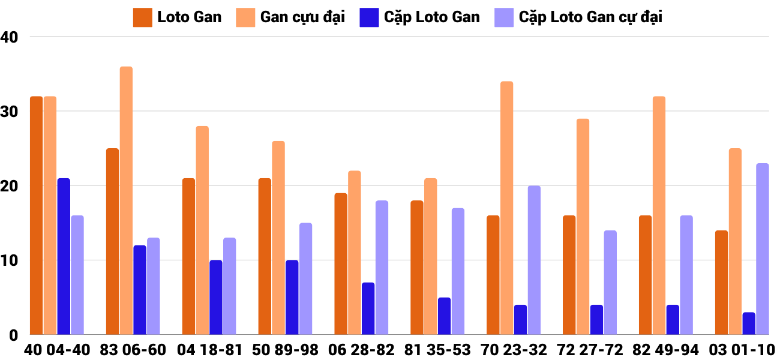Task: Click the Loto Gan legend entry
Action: coord(178,17)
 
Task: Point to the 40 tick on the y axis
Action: coord(10,37)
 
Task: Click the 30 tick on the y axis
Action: coord(10,112)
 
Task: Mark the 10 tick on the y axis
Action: coord(10,260)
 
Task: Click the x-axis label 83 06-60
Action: coord(133,350)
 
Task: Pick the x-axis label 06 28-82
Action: coord(361,350)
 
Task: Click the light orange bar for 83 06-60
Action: coord(126,200)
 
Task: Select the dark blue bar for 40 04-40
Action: coord(64,256)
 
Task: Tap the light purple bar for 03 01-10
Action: coord(763,249)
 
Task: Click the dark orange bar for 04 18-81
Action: coord(188,256)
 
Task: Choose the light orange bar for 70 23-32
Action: coord(507,208)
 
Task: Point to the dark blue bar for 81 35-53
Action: coord(444,316)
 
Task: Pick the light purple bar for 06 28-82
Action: coord(382,268)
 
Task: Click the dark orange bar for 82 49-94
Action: coord(645,275)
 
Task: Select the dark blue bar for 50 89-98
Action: coord(292,297)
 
